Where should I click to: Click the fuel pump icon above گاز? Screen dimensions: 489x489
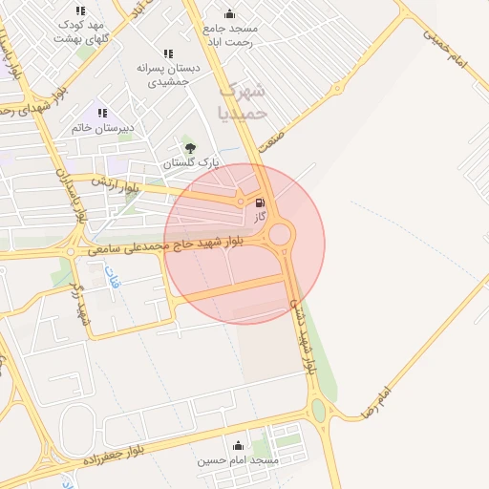261,202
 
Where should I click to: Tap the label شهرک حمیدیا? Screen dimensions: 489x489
244,101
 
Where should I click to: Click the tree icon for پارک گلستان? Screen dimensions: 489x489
190,147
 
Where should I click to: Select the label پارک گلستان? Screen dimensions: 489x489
190,163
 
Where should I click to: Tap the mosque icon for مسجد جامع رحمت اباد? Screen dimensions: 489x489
229,13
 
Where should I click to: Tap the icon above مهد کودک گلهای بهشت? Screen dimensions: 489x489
79,10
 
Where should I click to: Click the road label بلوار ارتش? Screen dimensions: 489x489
116,184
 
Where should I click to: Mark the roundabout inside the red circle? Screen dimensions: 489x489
280,234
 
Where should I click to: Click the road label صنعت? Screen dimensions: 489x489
275,140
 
